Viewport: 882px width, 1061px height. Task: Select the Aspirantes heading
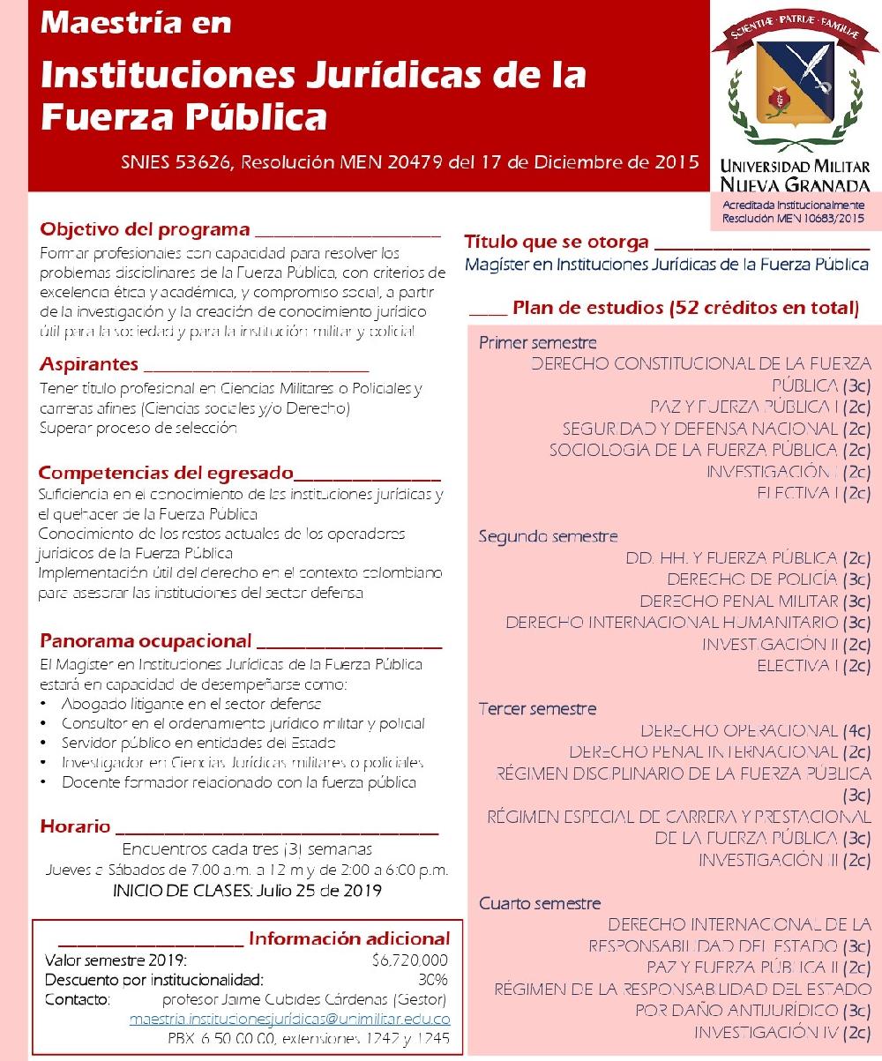(x=89, y=364)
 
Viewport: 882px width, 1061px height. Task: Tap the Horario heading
(x=76, y=827)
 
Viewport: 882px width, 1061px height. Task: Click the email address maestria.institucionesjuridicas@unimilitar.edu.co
(x=290, y=1019)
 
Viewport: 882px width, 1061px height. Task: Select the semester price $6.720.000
(x=410, y=960)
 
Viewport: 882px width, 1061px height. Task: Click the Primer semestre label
(x=538, y=343)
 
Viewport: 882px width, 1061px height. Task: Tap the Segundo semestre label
(x=548, y=536)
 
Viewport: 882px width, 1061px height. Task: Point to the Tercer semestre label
(x=538, y=709)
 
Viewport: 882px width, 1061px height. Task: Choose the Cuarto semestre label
(x=540, y=903)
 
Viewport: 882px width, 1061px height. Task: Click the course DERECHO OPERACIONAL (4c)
(x=756, y=731)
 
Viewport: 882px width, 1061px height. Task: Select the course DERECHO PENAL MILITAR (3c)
(x=755, y=601)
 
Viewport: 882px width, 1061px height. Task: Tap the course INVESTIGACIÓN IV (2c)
(x=782, y=1032)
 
